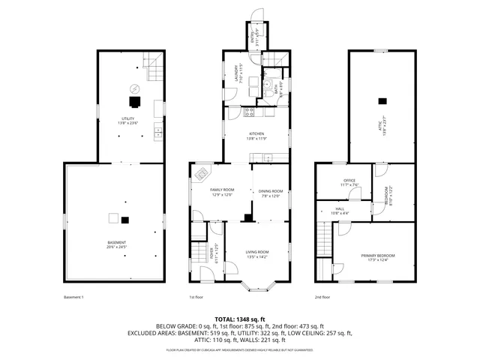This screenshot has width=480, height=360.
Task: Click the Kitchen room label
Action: click(256, 135)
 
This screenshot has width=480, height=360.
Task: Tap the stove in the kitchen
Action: click(250, 112)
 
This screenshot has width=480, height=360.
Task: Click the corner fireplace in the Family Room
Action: click(202, 174)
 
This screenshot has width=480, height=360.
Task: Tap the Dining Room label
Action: click(271, 191)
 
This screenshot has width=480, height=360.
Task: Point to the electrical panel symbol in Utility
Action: click(133, 85)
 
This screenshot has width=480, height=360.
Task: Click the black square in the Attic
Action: click(382, 100)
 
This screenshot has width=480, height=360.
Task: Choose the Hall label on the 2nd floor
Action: click(339, 209)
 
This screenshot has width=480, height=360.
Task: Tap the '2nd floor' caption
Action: click(322, 298)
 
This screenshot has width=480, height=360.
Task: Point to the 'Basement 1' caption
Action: click(74, 298)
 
